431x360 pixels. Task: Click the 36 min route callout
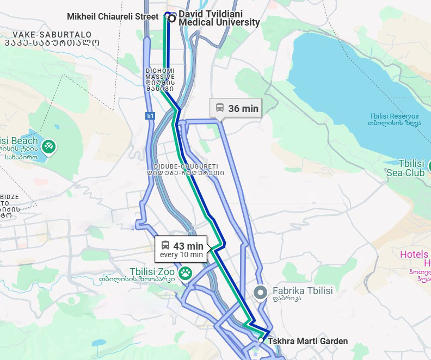pos(236,108)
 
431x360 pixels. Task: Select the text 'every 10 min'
pos(182,255)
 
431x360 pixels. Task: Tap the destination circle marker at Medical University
pos(172,18)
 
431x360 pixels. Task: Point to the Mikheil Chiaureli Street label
pos(113,17)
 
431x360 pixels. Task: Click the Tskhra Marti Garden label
pos(307,342)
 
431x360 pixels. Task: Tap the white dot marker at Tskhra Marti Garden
pos(261,340)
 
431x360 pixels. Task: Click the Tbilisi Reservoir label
pos(393,116)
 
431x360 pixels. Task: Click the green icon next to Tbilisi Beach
pos(48,145)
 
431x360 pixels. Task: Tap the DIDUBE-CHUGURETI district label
pos(186,166)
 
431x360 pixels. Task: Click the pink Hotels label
pos(414,255)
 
